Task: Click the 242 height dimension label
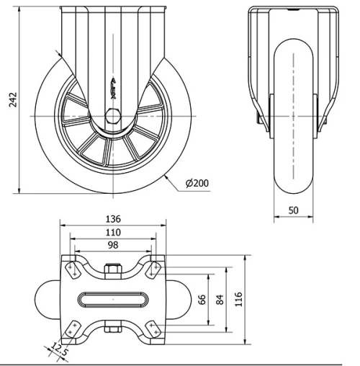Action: (11, 98)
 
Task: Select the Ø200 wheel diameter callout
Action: (197, 183)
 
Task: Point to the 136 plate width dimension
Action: (112, 219)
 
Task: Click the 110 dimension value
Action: (112, 233)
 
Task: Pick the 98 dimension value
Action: (112, 246)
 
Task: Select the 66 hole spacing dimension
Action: (202, 297)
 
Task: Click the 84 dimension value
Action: (221, 297)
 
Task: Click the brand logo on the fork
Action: (112, 86)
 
